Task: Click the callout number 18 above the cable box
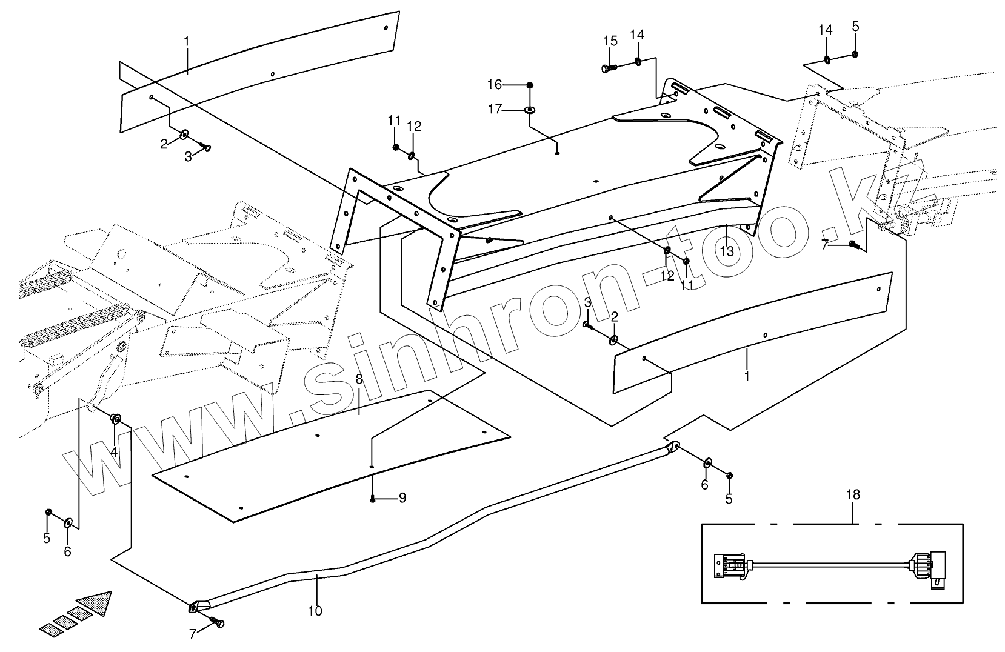tap(852, 495)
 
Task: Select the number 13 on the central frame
tap(727, 250)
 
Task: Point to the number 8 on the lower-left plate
tap(359, 379)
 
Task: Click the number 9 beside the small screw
tap(401, 498)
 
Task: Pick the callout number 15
tap(610, 41)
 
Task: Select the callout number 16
tap(495, 84)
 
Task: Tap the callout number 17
tap(495, 109)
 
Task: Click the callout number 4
tap(113, 451)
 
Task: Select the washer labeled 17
tap(530, 110)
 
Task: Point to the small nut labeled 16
tap(530, 84)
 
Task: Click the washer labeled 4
tap(116, 419)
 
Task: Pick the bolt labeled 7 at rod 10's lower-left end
tap(218, 623)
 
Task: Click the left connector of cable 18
tap(730, 565)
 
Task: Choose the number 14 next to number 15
tap(637, 35)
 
